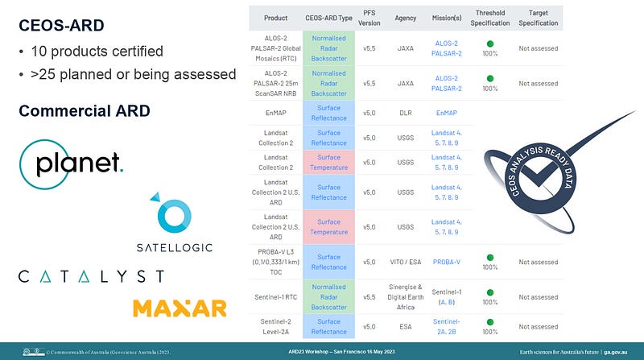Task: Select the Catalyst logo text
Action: click(x=91, y=276)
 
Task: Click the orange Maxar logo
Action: click(x=179, y=308)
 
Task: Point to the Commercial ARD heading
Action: click(x=85, y=110)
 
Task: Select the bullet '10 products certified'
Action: click(x=97, y=52)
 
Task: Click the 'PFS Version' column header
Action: click(x=369, y=18)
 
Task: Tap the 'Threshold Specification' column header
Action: click(x=490, y=18)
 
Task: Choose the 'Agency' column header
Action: click(x=405, y=18)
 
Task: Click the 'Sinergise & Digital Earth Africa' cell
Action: click(x=405, y=296)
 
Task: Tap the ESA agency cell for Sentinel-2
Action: click(x=405, y=326)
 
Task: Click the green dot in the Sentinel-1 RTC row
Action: click(x=489, y=291)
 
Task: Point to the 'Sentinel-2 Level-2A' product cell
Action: click(x=276, y=326)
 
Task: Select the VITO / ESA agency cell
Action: click(x=405, y=262)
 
